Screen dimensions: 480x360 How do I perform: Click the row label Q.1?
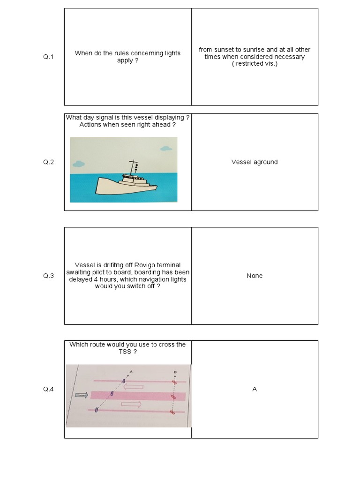(x=49, y=57)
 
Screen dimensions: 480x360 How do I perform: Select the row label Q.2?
(x=49, y=162)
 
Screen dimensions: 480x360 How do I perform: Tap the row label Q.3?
(x=49, y=276)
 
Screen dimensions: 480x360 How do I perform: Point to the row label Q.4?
(x=49, y=389)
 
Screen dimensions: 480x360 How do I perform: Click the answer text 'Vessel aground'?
(x=255, y=162)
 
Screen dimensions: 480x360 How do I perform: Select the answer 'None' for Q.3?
(x=255, y=276)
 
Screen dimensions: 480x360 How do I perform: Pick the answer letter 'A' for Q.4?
(x=255, y=389)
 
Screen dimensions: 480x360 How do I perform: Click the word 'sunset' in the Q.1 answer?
(x=225, y=50)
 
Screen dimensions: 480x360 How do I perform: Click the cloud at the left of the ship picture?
(x=78, y=164)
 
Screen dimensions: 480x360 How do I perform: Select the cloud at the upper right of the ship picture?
(x=165, y=149)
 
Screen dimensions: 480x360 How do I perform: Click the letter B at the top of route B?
(x=175, y=372)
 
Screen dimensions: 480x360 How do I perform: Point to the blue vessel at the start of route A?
(x=96, y=410)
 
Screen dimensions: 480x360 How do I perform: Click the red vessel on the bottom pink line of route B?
(x=172, y=412)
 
